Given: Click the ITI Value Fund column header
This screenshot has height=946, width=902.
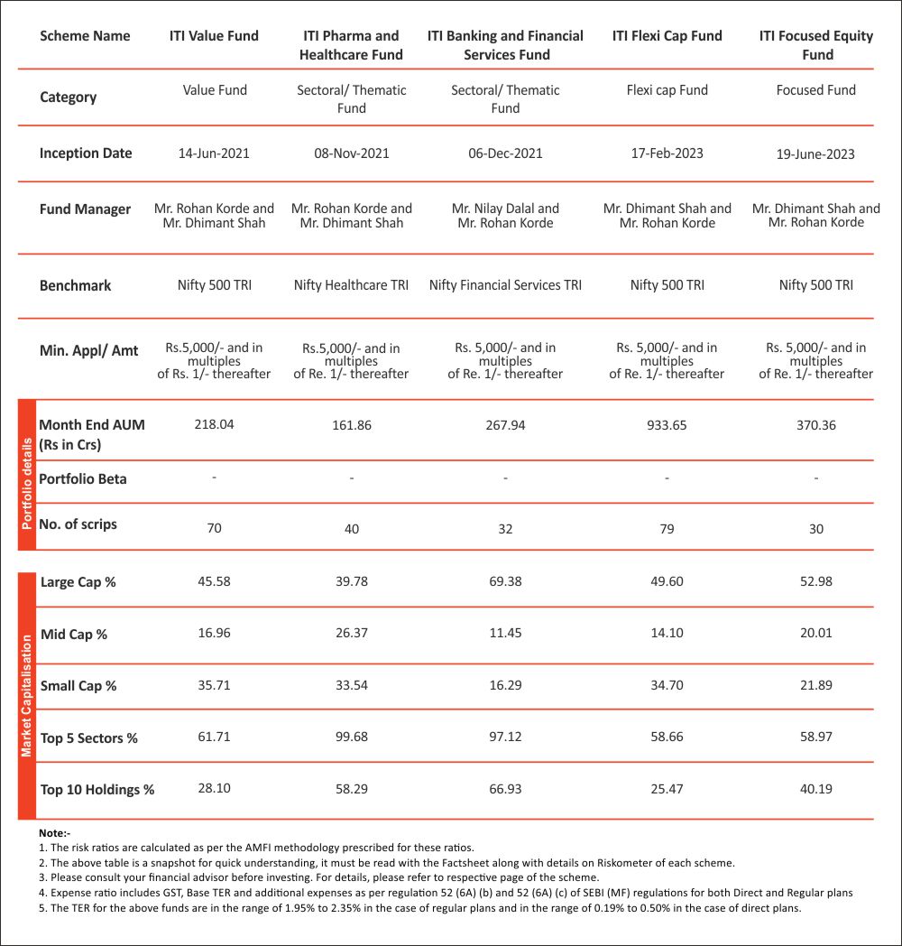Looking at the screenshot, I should pyautogui.click(x=214, y=36).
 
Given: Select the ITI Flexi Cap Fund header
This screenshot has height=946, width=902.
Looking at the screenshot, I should pyautogui.click(x=667, y=36).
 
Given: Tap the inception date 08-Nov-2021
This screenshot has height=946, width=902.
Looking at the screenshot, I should pyautogui.click(x=352, y=153).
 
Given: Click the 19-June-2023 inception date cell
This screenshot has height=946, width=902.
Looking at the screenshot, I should pyautogui.click(x=815, y=154).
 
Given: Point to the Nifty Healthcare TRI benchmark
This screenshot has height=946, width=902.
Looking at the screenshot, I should pyautogui.click(x=351, y=285).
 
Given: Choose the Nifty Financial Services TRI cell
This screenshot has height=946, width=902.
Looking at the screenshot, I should pyautogui.click(x=505, y=285).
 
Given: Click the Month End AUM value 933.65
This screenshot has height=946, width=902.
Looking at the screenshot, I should pyautogui.click(x=667, y=425).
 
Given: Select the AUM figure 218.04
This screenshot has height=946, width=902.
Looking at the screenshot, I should pyautogui.click(x=214, y=423).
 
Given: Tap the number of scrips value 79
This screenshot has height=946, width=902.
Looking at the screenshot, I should pyautogui.click(x=667, y=529).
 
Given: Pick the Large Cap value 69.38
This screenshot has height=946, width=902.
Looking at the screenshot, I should pyautogui.click(x=505, y=581).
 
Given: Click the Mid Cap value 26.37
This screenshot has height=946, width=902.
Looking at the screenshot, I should pyautogui.click(x=351, y=634).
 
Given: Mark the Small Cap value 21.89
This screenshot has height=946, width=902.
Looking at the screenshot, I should pyautogui.click(x=815, y=686).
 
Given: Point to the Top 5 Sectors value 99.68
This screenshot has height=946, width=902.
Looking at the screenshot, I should pyautogui.click(x=351, y=737).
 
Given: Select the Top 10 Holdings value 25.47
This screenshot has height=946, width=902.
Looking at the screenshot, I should pyautogui.click(x=667, y=789).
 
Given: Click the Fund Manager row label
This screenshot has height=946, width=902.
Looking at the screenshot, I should pyautogui.click(x=85, y=209).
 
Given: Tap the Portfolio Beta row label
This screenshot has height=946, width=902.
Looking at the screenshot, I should pyautogui.click(x=83, y=479).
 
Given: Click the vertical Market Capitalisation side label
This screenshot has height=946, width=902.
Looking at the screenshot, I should pyautogui.click(x=26, y=695).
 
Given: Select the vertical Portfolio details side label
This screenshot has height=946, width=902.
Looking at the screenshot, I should pyautogui.click(x=26, y=475).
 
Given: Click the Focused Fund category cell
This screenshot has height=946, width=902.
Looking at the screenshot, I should pyautogui.click(x=815, y=90).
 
